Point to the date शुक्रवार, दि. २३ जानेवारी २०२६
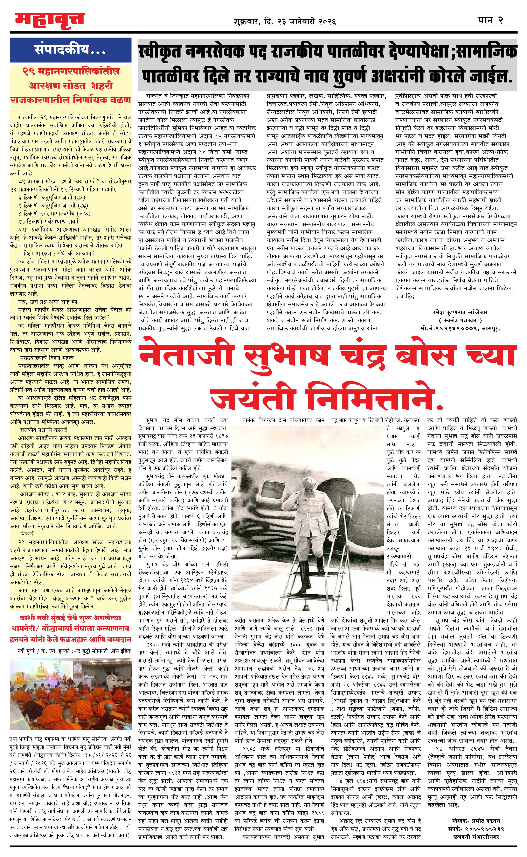click(285, 22)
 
